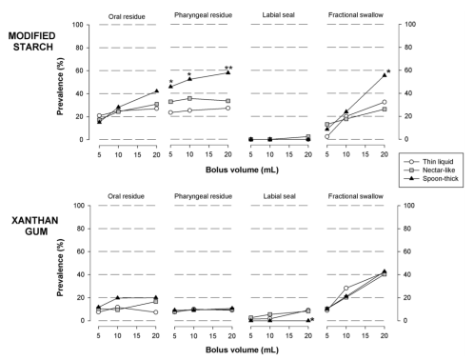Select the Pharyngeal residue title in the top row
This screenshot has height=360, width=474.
[x=200, y=16]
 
